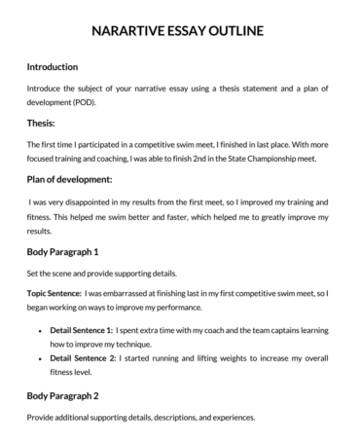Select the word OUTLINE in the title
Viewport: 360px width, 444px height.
[x=234, y=31]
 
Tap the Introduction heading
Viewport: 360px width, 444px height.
[x=65, y=67]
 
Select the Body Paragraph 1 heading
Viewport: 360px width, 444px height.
[x=70, y=251]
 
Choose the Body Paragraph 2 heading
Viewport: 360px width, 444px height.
[x=70, y=396]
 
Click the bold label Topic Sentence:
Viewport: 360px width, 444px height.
[x=54, y=292]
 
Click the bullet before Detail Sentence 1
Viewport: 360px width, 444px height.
[x=40, y=332]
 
